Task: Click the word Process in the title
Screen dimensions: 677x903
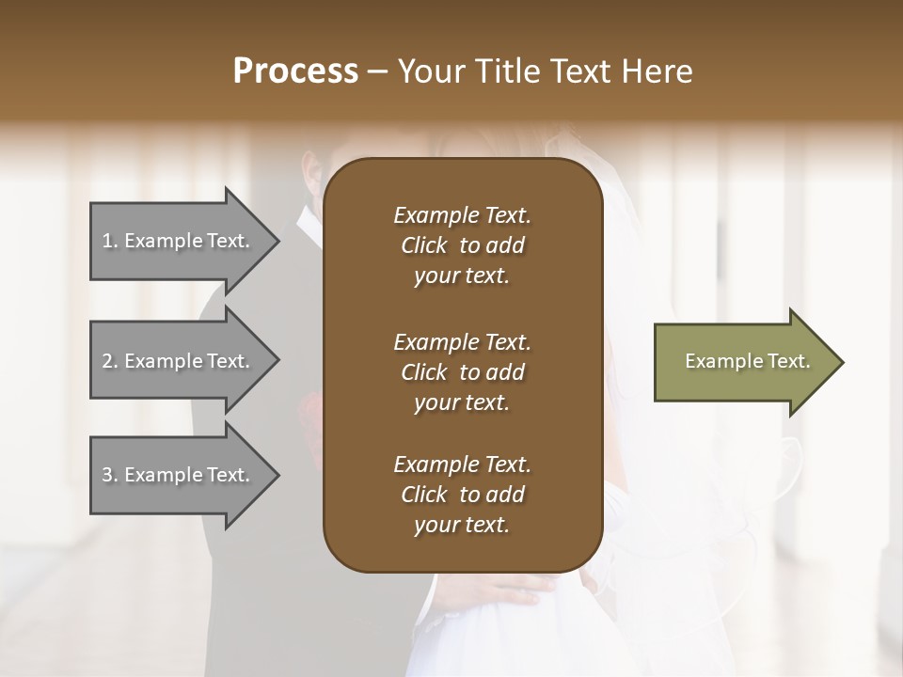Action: pyautogui.click(x=295, y=71)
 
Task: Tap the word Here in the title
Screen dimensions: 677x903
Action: pyautogui.click(x=657, y=71)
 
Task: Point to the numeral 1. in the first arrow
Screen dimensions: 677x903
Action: pyautogui.click(x=110, y=241)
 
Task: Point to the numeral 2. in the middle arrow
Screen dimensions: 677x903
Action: pyautogui.click(x=110, y=361)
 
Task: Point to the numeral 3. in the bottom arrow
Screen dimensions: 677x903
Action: pyautogui.click(x=110, y=475)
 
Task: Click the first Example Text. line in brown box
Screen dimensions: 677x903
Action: pyautogui.click(x=462, y=215)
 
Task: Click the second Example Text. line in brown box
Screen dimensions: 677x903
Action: pyautogui.click(x=462, y=341)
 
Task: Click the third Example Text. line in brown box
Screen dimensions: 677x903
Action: pyautogui.click(x=462, y=464)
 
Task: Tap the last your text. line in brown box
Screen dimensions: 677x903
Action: pyautogui.click(x=462, y=526)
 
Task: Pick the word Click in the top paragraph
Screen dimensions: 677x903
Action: pyautogui.click(x=423, y=245)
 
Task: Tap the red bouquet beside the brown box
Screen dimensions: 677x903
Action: pyautogui.click(x=311, y=415)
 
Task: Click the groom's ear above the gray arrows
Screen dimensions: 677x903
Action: pyautogui.click(x=311, y=174)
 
